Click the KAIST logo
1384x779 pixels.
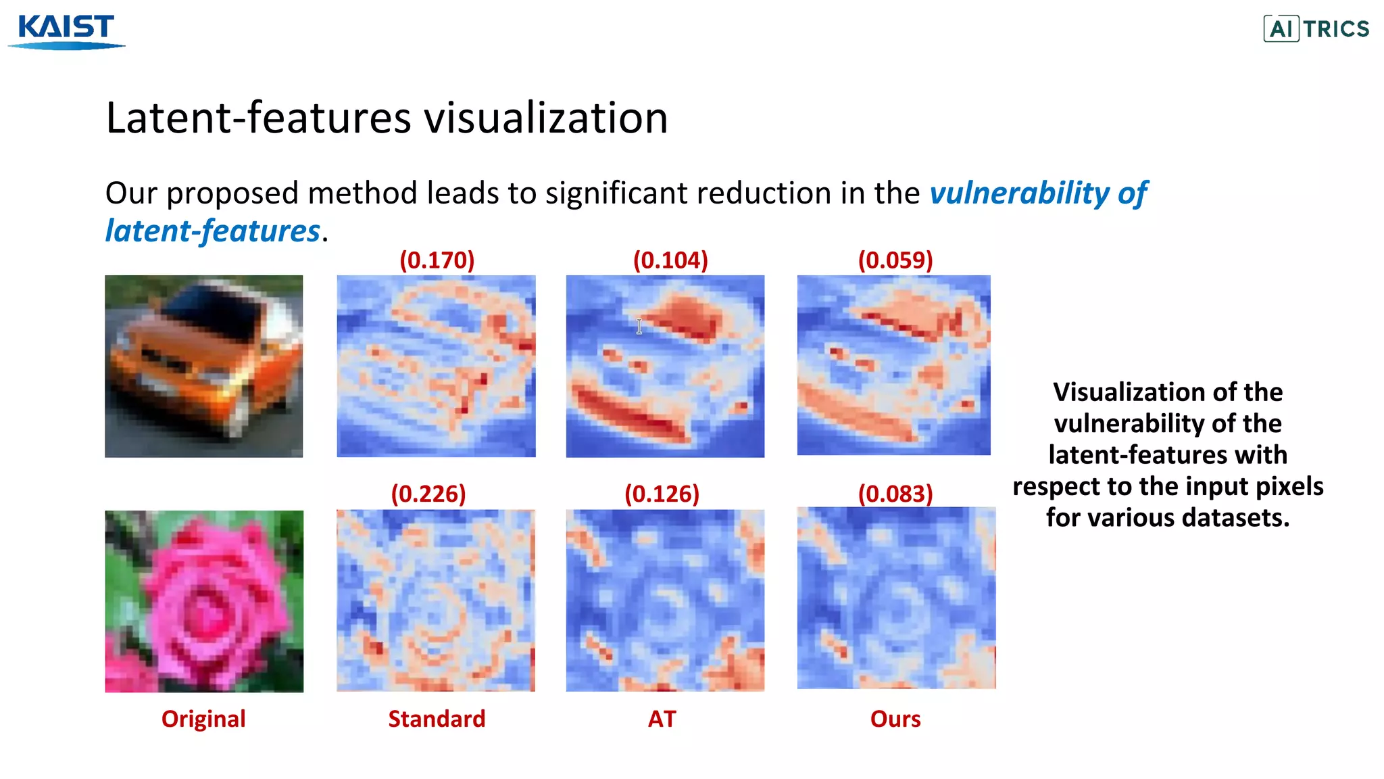(x=66, y=30)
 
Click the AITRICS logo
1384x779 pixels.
(x=1316, y=29)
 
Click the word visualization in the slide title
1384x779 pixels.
(x=545, y=118)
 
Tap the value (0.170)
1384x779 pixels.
(x=437, y=260)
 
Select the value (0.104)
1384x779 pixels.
(x=670, y=260)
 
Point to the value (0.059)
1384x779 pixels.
(x=895, y=260)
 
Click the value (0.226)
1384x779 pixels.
(x=428, y=494)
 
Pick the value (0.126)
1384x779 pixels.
(x=662, y=494)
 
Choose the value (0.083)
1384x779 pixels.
(x=895, y=494)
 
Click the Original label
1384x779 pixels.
(x=203, y=719)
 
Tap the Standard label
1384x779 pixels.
(x=437, y=719)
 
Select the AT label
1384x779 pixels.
(x=662, y=719)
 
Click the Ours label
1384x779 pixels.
(x=895, y=719)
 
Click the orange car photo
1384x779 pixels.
(x=203, y=366)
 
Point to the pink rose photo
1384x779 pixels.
(x=203, y=601)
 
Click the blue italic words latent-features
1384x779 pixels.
(x=212, y=231)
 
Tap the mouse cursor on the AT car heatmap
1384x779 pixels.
(x=639, y=327)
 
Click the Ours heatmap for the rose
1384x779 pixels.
(x=896, y=598)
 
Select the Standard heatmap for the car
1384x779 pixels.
(x=436, y=366)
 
